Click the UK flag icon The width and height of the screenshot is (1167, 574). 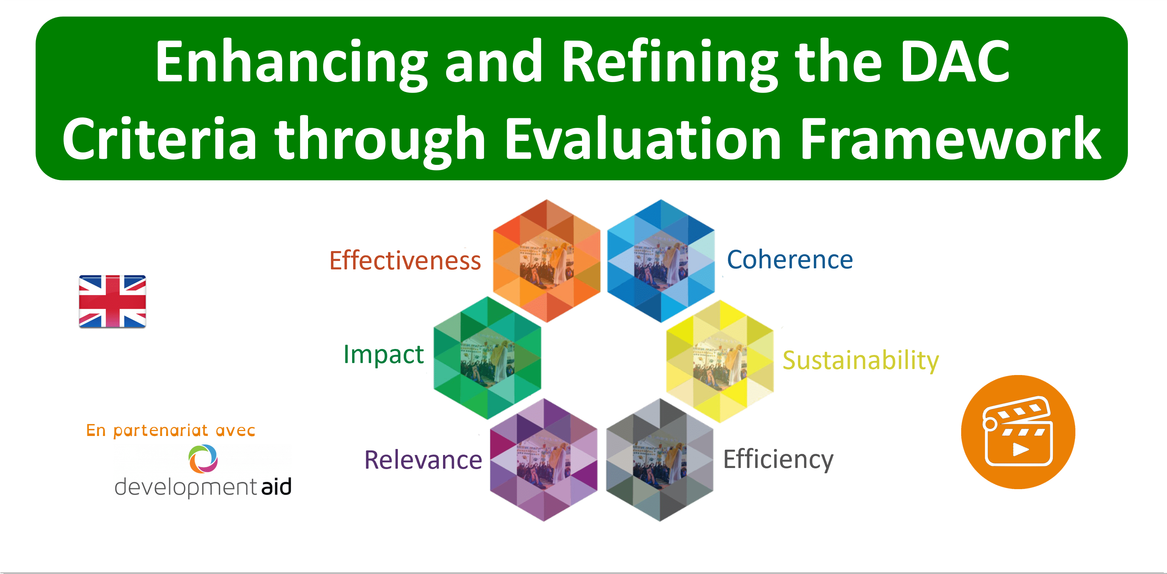tap(112, 301)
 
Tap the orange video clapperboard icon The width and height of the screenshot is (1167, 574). tap(1018, 431)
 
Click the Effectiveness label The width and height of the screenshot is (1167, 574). tap(405, 261)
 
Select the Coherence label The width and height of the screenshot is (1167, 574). tap(790, 260)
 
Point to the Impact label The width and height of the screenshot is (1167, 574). tap(383, 354)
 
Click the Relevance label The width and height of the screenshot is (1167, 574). tap(423, 460)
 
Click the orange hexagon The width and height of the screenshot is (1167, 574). tap(546, 261)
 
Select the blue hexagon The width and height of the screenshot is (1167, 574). tap(661, 261)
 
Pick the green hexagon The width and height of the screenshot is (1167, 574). tap(487, 358)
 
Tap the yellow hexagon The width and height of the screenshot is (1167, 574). tap(720, 361)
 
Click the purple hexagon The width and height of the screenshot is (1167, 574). tap(543, 460)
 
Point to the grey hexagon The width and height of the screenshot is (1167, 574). tap(659, 460)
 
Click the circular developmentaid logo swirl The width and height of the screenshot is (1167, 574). tap(203, 458)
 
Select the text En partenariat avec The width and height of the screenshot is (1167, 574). tap(171, 430)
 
